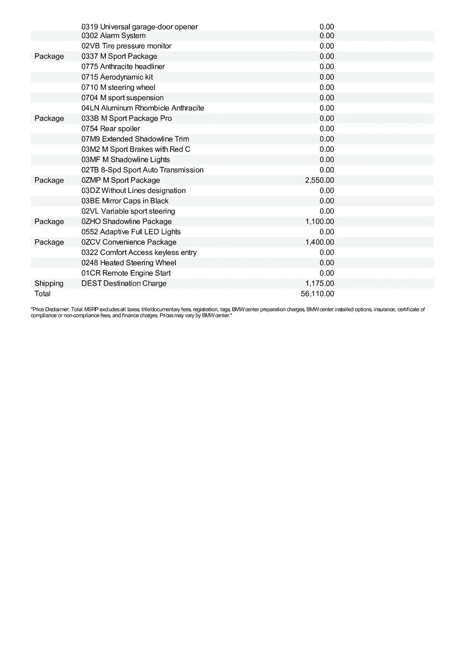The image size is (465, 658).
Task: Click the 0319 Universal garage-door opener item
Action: coord(139,27)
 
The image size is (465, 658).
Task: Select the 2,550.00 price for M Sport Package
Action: coord(319,180)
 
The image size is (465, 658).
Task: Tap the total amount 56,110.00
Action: coord(317,294)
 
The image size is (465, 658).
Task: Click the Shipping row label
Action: coord(49,283)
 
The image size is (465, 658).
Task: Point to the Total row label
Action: coord(42,294)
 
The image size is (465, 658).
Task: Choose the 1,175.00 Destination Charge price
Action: coord(319,283)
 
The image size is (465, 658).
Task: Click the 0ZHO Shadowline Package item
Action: coord(126,221)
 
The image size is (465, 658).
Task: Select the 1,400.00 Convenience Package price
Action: coord(319,242)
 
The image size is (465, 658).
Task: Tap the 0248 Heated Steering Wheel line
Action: coord(129,263)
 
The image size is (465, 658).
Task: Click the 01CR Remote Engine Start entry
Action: coord(126,273)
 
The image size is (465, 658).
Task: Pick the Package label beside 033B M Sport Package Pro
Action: coord(49,118)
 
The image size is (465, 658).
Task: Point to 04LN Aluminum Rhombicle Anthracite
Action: coord(143,108)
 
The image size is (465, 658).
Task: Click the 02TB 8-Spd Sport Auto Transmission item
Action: coord(142,170)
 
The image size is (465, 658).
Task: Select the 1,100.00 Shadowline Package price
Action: coord(319,221)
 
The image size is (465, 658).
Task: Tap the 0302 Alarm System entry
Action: coord(113,36)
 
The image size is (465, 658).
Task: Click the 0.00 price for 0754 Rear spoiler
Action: coord(327,129)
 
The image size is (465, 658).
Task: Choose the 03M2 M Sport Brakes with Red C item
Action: coord(136,149)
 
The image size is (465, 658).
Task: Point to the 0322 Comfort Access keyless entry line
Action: coord(139,253)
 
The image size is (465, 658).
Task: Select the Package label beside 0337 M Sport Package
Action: coord(49,56)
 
